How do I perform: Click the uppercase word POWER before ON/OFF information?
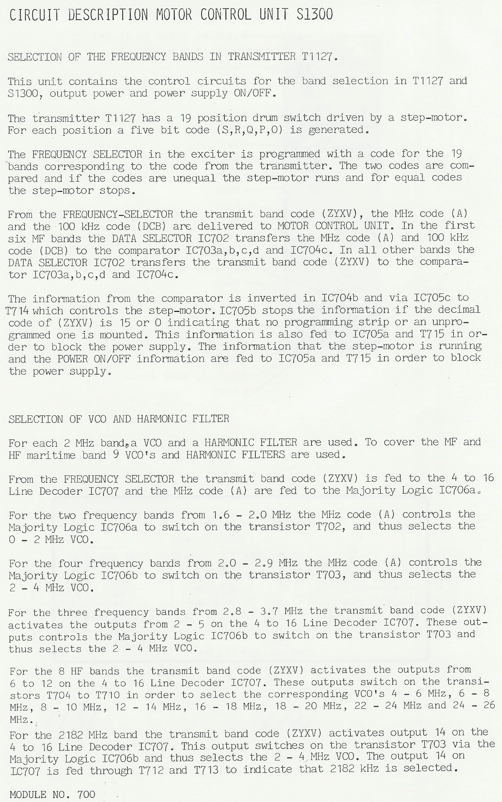pyautogui.click(x=72, y=359)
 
